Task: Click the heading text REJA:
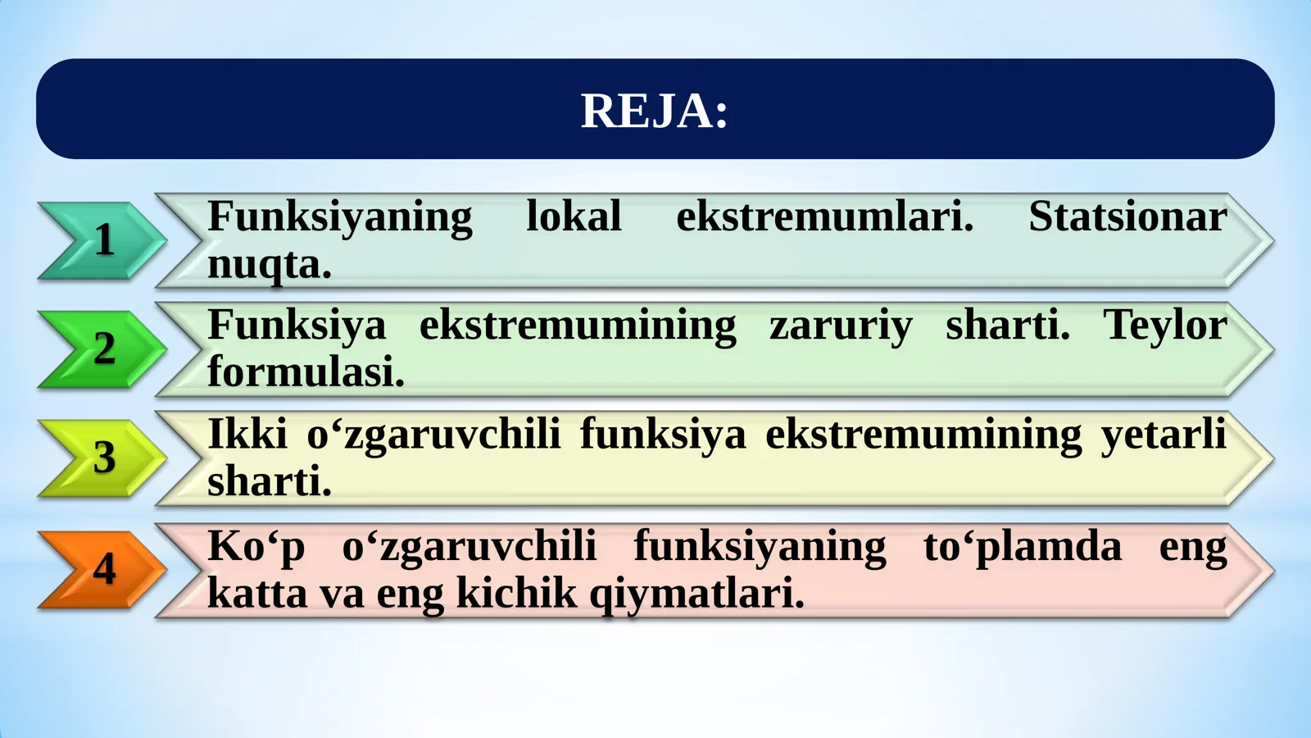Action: pos(654,111)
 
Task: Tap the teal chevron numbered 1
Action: pos(102,240)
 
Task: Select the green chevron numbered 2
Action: pos(102,349)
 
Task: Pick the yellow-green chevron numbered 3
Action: pos(102,458)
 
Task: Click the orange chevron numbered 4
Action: pos(102,569)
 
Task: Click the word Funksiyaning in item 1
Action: pos(339,218)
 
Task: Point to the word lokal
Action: pos(574,216)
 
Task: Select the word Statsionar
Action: pos(1127,216)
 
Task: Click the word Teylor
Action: pos(1165,326)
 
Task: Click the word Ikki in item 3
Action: pos(247,434)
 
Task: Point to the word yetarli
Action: pos(1164,435)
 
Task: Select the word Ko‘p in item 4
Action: pos(256,547)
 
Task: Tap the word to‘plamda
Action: pos(1022,547)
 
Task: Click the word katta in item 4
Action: pos(257,593)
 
